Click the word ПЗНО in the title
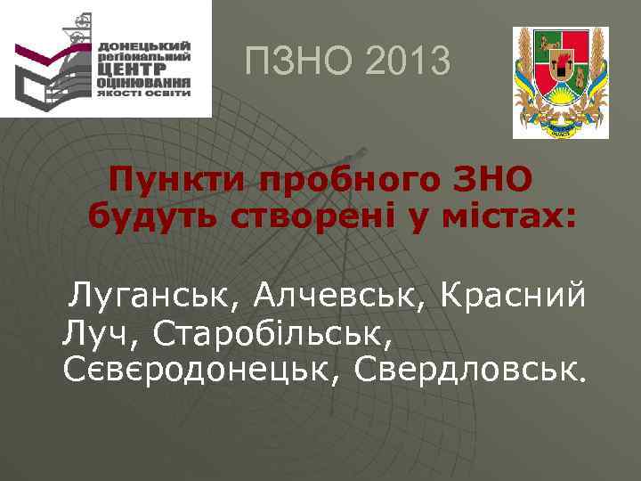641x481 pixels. point(296,62)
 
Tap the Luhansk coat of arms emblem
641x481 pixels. point(560,82)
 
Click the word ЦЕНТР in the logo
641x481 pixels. point(143,67)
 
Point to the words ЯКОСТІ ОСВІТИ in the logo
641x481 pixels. point(144,92)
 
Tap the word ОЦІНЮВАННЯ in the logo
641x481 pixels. point(144,80)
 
